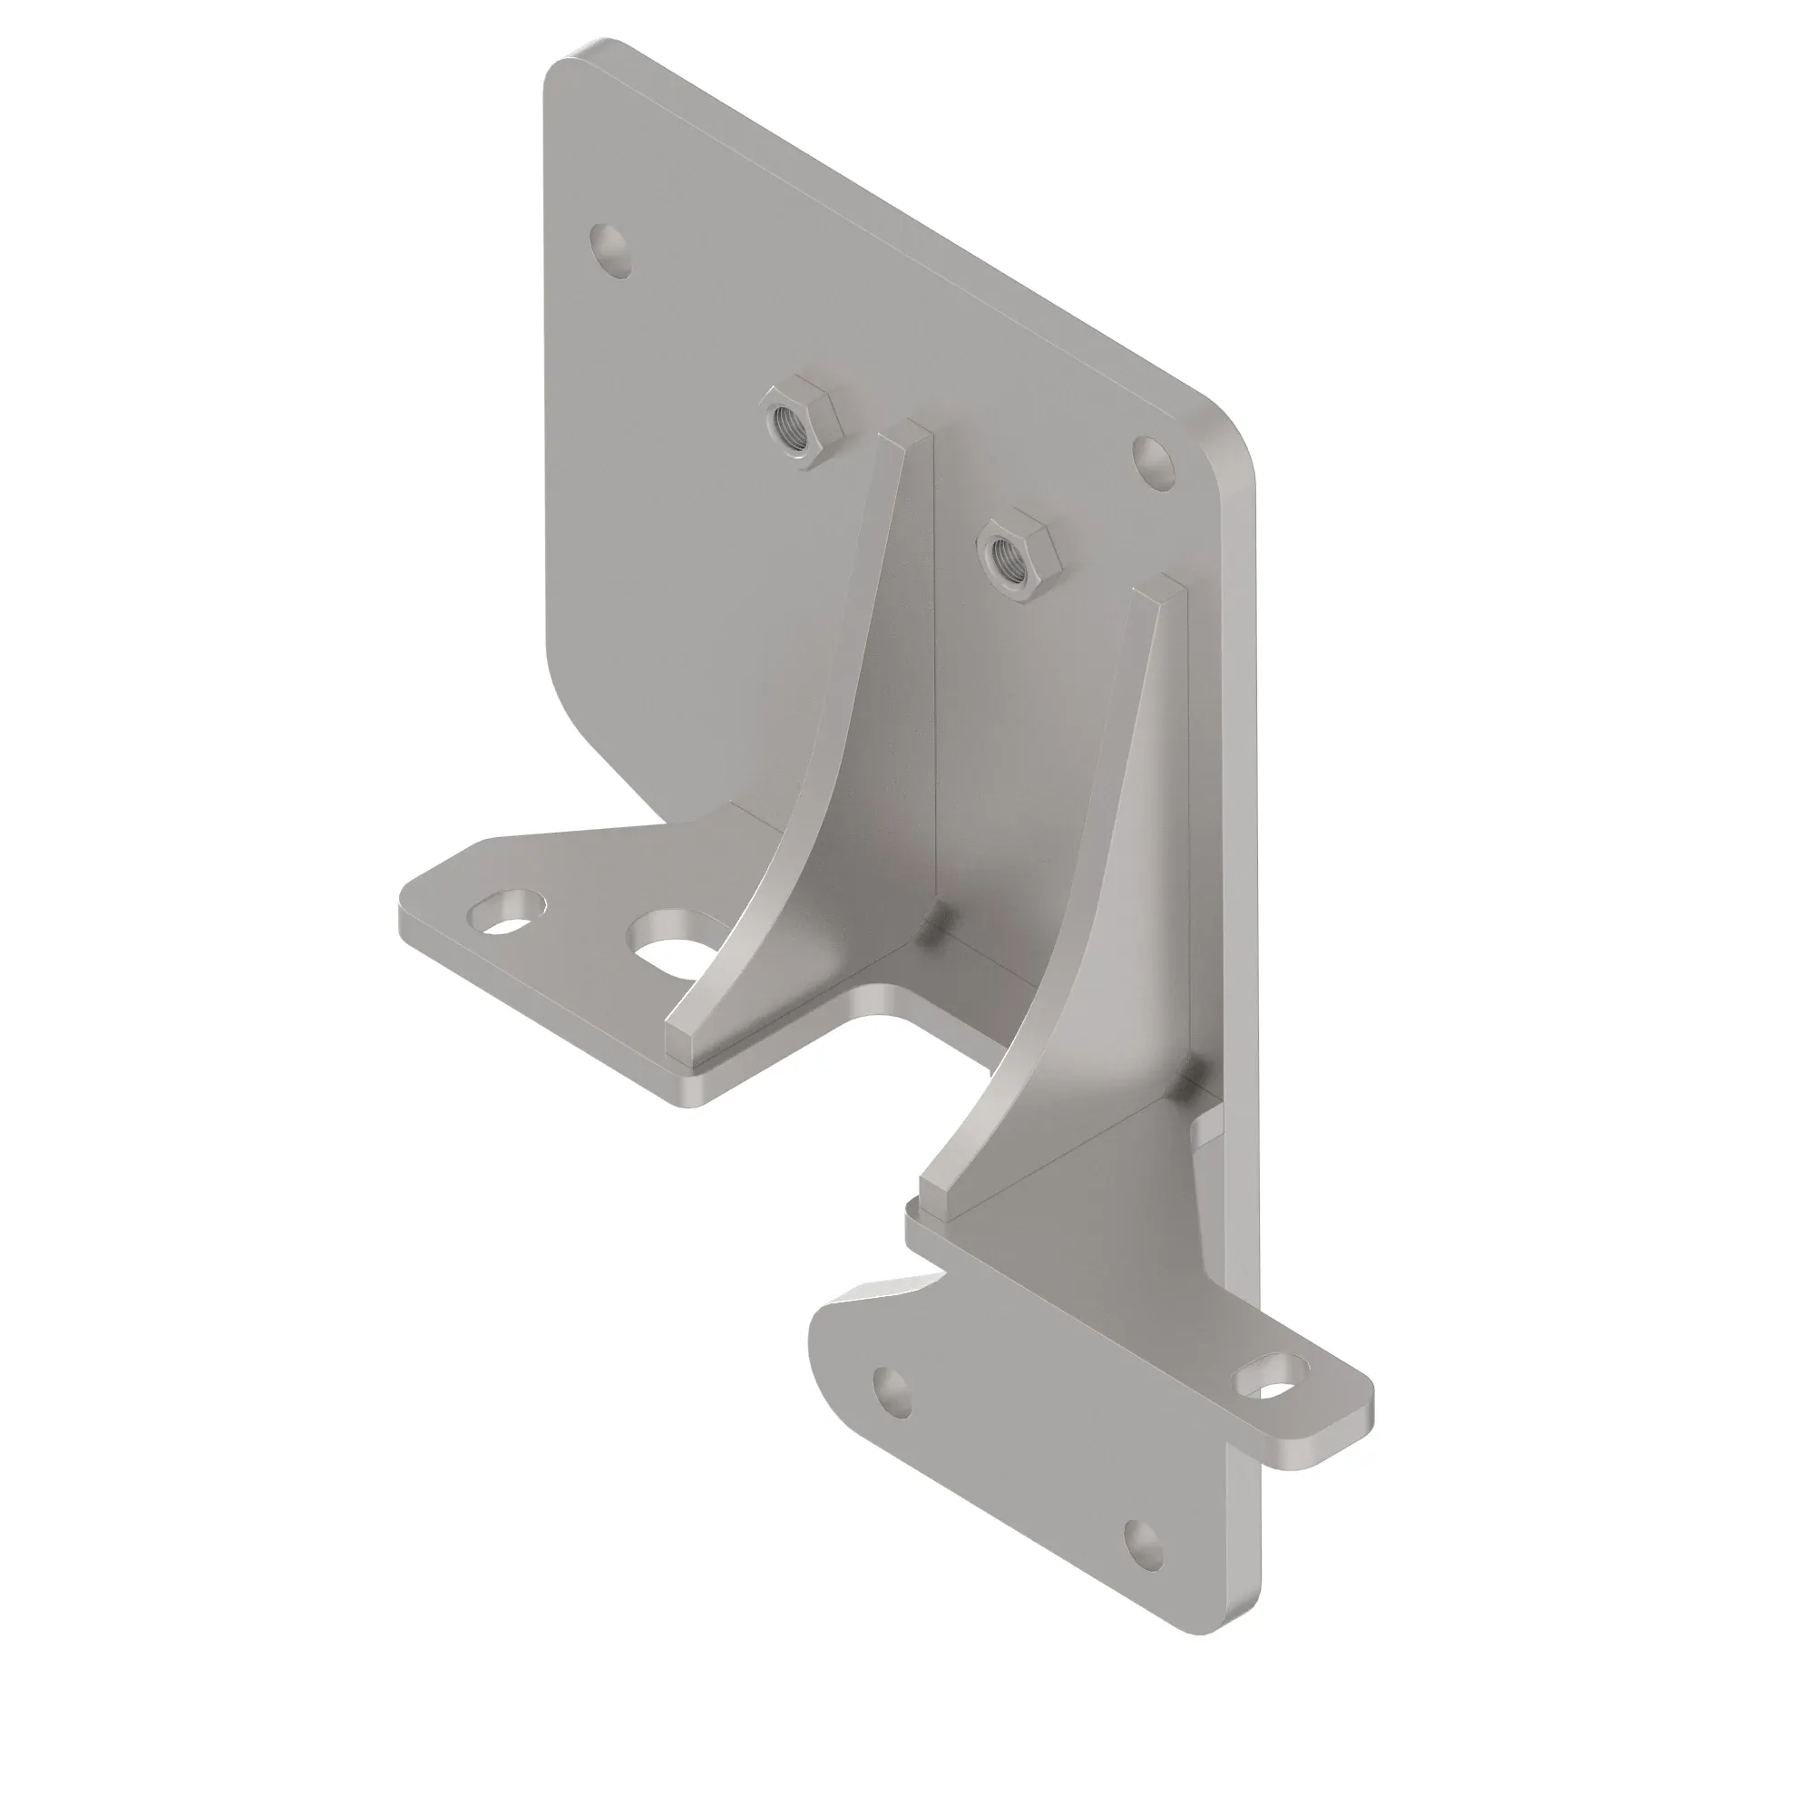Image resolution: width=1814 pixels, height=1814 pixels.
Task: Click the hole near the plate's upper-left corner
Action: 611,249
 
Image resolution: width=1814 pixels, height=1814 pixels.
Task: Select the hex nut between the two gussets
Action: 1017,559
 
